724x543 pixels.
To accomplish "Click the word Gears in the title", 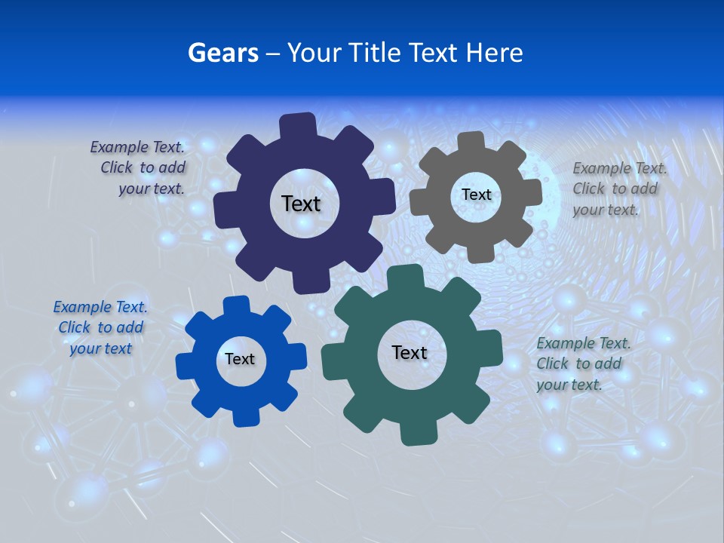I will tap(223, 53).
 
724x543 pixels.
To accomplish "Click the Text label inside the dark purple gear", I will tap(301, 204).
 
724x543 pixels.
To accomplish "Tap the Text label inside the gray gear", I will tap(476, 195).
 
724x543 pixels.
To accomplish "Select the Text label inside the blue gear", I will tap(240, 359).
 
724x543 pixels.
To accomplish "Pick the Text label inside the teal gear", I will tap(410, 352).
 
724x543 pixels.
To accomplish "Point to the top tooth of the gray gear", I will tap(471, 141).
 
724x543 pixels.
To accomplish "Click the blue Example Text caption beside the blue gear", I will tap(101, 327).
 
